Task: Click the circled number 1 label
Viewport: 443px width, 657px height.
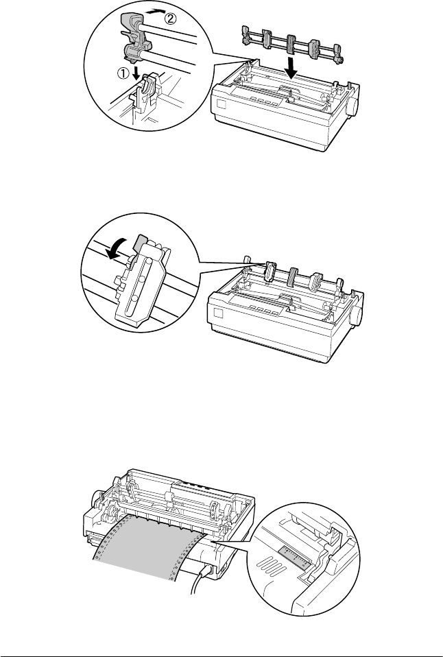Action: pos(122,73)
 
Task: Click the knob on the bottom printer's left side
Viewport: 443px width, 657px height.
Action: pos(97,499)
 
